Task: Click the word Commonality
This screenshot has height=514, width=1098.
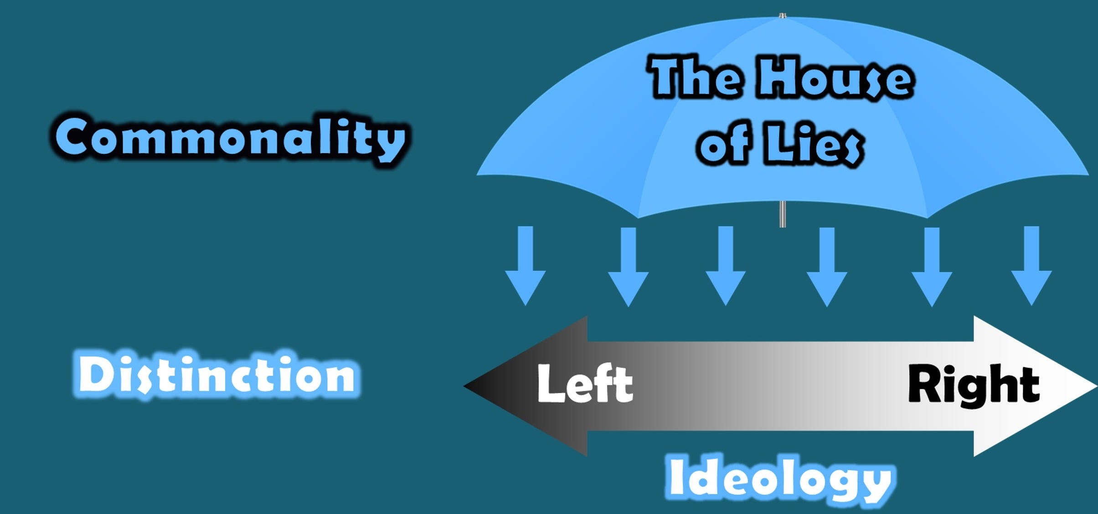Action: tap(230, 139)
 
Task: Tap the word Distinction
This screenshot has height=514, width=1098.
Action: tap(217, 376)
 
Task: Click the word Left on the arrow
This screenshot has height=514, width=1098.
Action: tap(585, 384)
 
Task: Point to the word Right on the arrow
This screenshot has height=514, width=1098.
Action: tap(974, 384)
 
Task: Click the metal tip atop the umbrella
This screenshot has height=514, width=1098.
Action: tap(782, 16)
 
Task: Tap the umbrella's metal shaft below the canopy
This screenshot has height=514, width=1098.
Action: tap(782, 214)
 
